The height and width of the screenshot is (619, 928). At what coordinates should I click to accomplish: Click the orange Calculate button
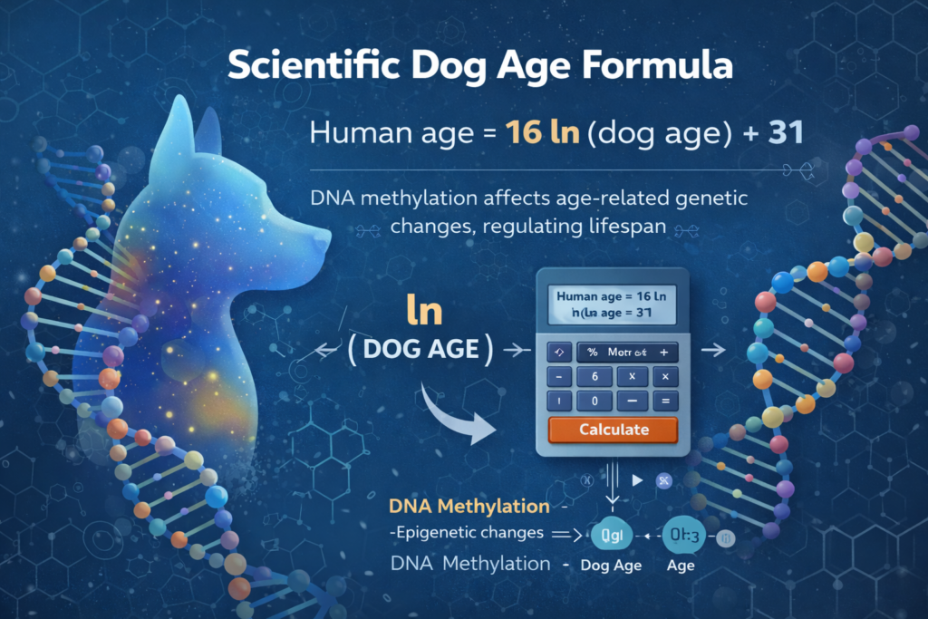pyautogui.click(x=614, y=429)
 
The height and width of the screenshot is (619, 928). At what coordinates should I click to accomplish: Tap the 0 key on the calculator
pyautogui.click(x=594, y=400)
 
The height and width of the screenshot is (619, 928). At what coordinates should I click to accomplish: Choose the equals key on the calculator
pyautogui.click(x=665, y=400)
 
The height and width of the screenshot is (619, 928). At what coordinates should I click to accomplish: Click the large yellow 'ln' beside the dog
pyautogui.click(x=423, y=310)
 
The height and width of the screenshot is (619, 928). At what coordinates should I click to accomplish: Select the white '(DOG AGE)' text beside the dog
pyautogui.click(x=420, y=350)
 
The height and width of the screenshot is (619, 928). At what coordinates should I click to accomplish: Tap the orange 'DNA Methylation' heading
pyautogui.click(x=468, y=507)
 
